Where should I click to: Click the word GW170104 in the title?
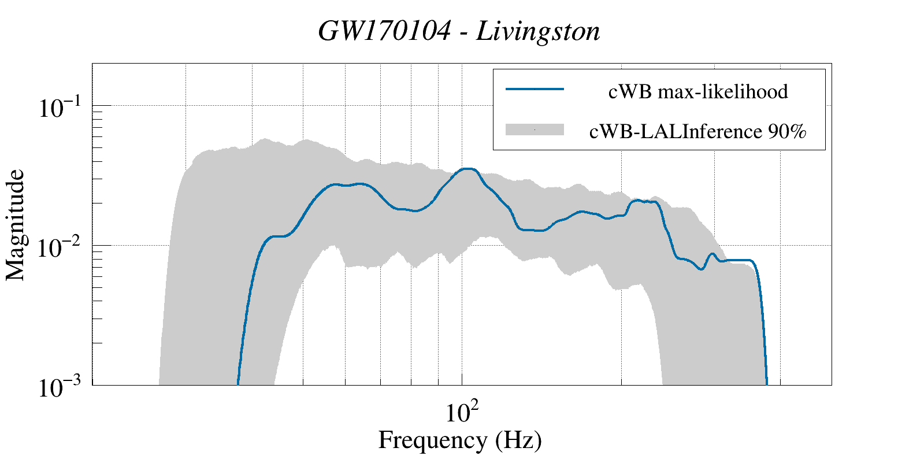(384, 31)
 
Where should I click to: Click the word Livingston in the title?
(538, 31)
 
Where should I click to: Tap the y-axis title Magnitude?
(16, 225)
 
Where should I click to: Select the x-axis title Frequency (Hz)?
(460, 440)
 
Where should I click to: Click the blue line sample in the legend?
(535, 89)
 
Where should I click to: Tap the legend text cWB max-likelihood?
(698, 91)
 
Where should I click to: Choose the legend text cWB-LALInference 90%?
(697, 132)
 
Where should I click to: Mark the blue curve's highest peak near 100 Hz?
(469, 169)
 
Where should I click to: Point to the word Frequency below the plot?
(432, 440)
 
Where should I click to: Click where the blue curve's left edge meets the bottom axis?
(238, 383)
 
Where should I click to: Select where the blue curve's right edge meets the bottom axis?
(767, 383)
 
